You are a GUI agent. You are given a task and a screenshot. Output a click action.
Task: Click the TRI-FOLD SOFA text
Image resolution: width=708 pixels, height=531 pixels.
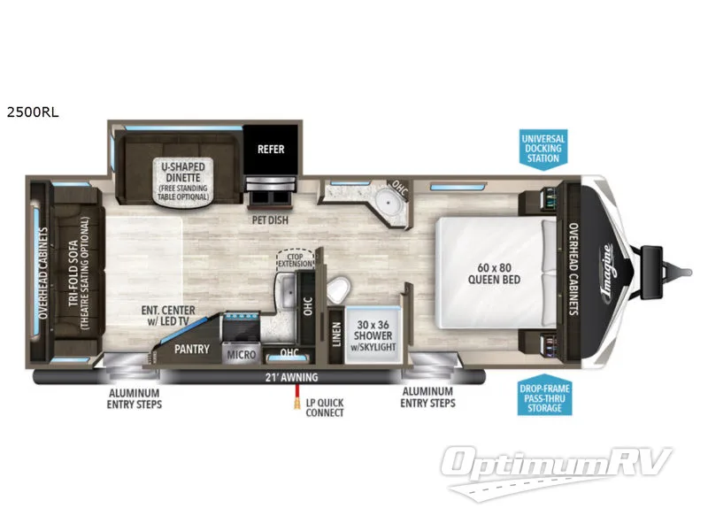(x=79, y=273)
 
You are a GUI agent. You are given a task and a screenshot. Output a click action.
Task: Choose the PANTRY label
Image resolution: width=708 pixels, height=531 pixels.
(x=192, y=349)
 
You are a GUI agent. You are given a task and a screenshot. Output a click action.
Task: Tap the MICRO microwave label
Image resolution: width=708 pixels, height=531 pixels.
(x=240, y=355)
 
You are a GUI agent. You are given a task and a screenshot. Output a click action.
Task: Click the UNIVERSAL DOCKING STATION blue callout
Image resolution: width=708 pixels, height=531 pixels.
(x=543, y=148)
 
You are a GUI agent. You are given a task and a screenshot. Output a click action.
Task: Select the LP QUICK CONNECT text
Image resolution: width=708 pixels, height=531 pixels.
(x=324, y=408)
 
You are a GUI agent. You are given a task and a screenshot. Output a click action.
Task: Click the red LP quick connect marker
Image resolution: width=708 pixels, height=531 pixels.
(x=289, y=405)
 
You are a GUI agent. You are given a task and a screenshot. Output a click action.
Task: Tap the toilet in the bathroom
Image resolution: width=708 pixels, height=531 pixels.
(x=337, y=288)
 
